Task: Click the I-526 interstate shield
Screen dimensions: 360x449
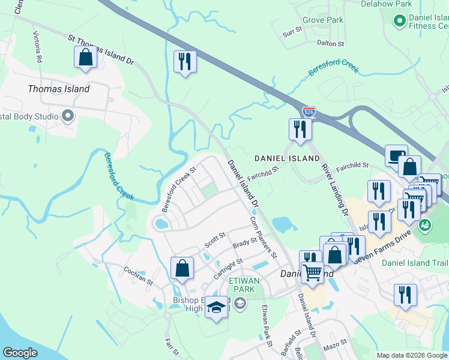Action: click(x=309, y=112)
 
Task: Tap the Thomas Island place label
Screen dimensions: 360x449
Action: click(x=59, y=89)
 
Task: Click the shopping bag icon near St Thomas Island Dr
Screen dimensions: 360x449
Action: click(x=85, y=58)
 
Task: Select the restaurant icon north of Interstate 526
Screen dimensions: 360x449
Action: click(x=185, y=62)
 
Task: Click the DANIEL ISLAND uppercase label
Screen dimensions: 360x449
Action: click(x=287, y=158)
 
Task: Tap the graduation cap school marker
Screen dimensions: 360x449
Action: click(x=216, y=308)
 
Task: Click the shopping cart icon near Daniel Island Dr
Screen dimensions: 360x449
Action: click(x=312, y=273)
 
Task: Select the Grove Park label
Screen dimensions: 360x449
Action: click(x=323, y=20)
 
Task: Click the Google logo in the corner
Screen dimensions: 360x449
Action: click(x=20, y=353)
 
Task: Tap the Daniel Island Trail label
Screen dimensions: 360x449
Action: click(x=415, y=263)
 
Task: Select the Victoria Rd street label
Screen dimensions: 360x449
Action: click(x=38, y=47)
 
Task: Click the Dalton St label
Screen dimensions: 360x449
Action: click(x=330, y=44)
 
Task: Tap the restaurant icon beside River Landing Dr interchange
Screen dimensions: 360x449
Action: click(x=300, y=129)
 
